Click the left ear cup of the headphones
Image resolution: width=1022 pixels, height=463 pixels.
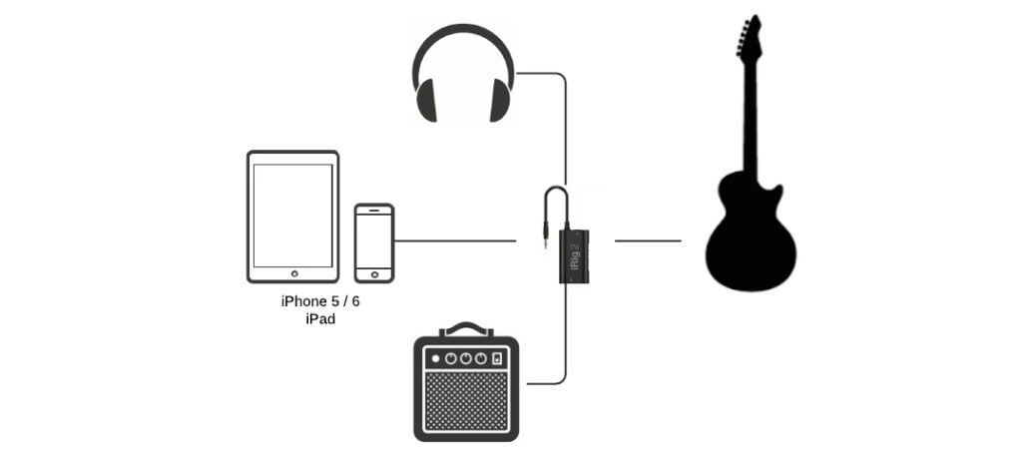pos(426,101)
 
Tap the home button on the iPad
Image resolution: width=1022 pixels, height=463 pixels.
pos(292,272)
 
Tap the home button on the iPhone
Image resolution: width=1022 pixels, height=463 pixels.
pos(374,271)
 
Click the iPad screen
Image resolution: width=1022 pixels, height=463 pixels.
pos(292,214)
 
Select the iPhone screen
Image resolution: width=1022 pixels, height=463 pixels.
pos(374,238)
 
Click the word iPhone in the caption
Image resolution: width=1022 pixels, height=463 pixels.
pos(303,301)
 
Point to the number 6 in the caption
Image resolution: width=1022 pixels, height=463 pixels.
pos(355,301)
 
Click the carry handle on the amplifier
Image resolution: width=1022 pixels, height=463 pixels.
pos(466,327)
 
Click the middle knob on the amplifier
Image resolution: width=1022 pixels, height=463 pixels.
pos(466,358)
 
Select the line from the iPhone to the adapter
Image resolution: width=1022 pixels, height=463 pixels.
pos(454,240)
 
